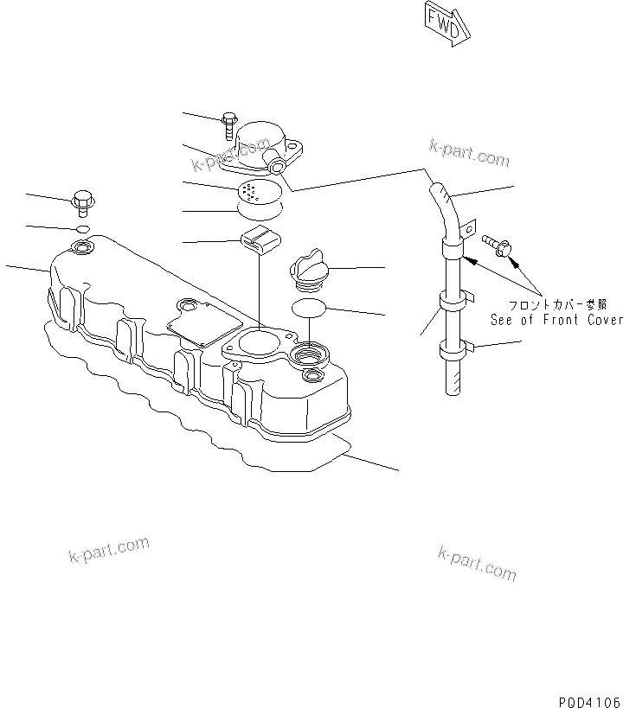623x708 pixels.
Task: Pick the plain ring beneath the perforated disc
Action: pyautogui.click(x=259, y=208)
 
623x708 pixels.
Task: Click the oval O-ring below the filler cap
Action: pyautogui.click(x=308, y=308)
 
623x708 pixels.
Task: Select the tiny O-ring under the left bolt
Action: pyautogui.click(x=83, y=229)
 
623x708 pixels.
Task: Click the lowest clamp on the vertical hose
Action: pyautogui.click(x=455, y=351)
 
